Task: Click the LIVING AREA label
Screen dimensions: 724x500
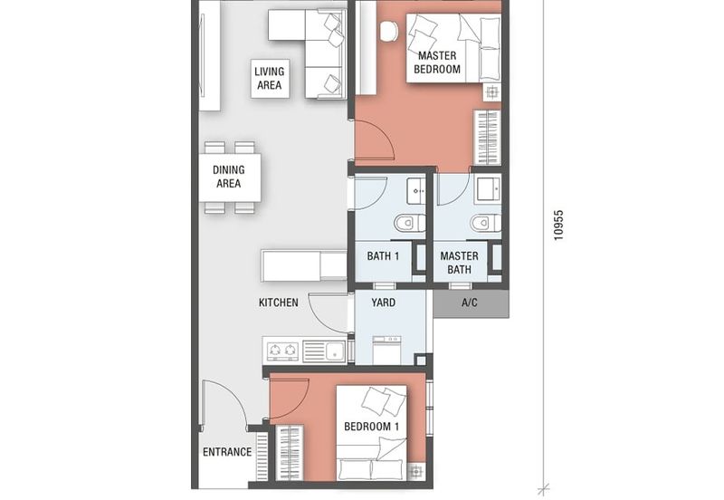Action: [x=269, y=78]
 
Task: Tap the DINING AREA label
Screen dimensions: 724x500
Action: [x=229, y=177]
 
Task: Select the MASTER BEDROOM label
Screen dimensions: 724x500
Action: [x=437, y=62]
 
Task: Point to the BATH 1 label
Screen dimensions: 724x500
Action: [x=383, y=256]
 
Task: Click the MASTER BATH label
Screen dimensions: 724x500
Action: [x=459, y=263]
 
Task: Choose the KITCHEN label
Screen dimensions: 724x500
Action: [x=279, y=303]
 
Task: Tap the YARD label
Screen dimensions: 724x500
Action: [x=383, y=303]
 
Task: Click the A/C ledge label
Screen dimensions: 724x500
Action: [x=470, y=303]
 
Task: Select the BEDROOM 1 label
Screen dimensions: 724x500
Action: [x=372, y=426]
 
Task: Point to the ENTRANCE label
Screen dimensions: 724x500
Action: [x=227, y=451]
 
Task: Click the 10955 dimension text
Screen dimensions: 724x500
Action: [x=558, y=226]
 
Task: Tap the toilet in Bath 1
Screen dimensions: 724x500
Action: [x=410, y=223]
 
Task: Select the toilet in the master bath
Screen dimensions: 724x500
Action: [x=486, y=223]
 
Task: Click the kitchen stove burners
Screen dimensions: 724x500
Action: [x=282, y=350]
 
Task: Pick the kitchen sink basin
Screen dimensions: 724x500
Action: [x=335, y=351]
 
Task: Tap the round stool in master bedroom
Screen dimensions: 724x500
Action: [x=389, y=32]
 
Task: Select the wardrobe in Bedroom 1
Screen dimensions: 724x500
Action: [x=290, y=453]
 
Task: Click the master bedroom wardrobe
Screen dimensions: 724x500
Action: [x=488, y=138]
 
